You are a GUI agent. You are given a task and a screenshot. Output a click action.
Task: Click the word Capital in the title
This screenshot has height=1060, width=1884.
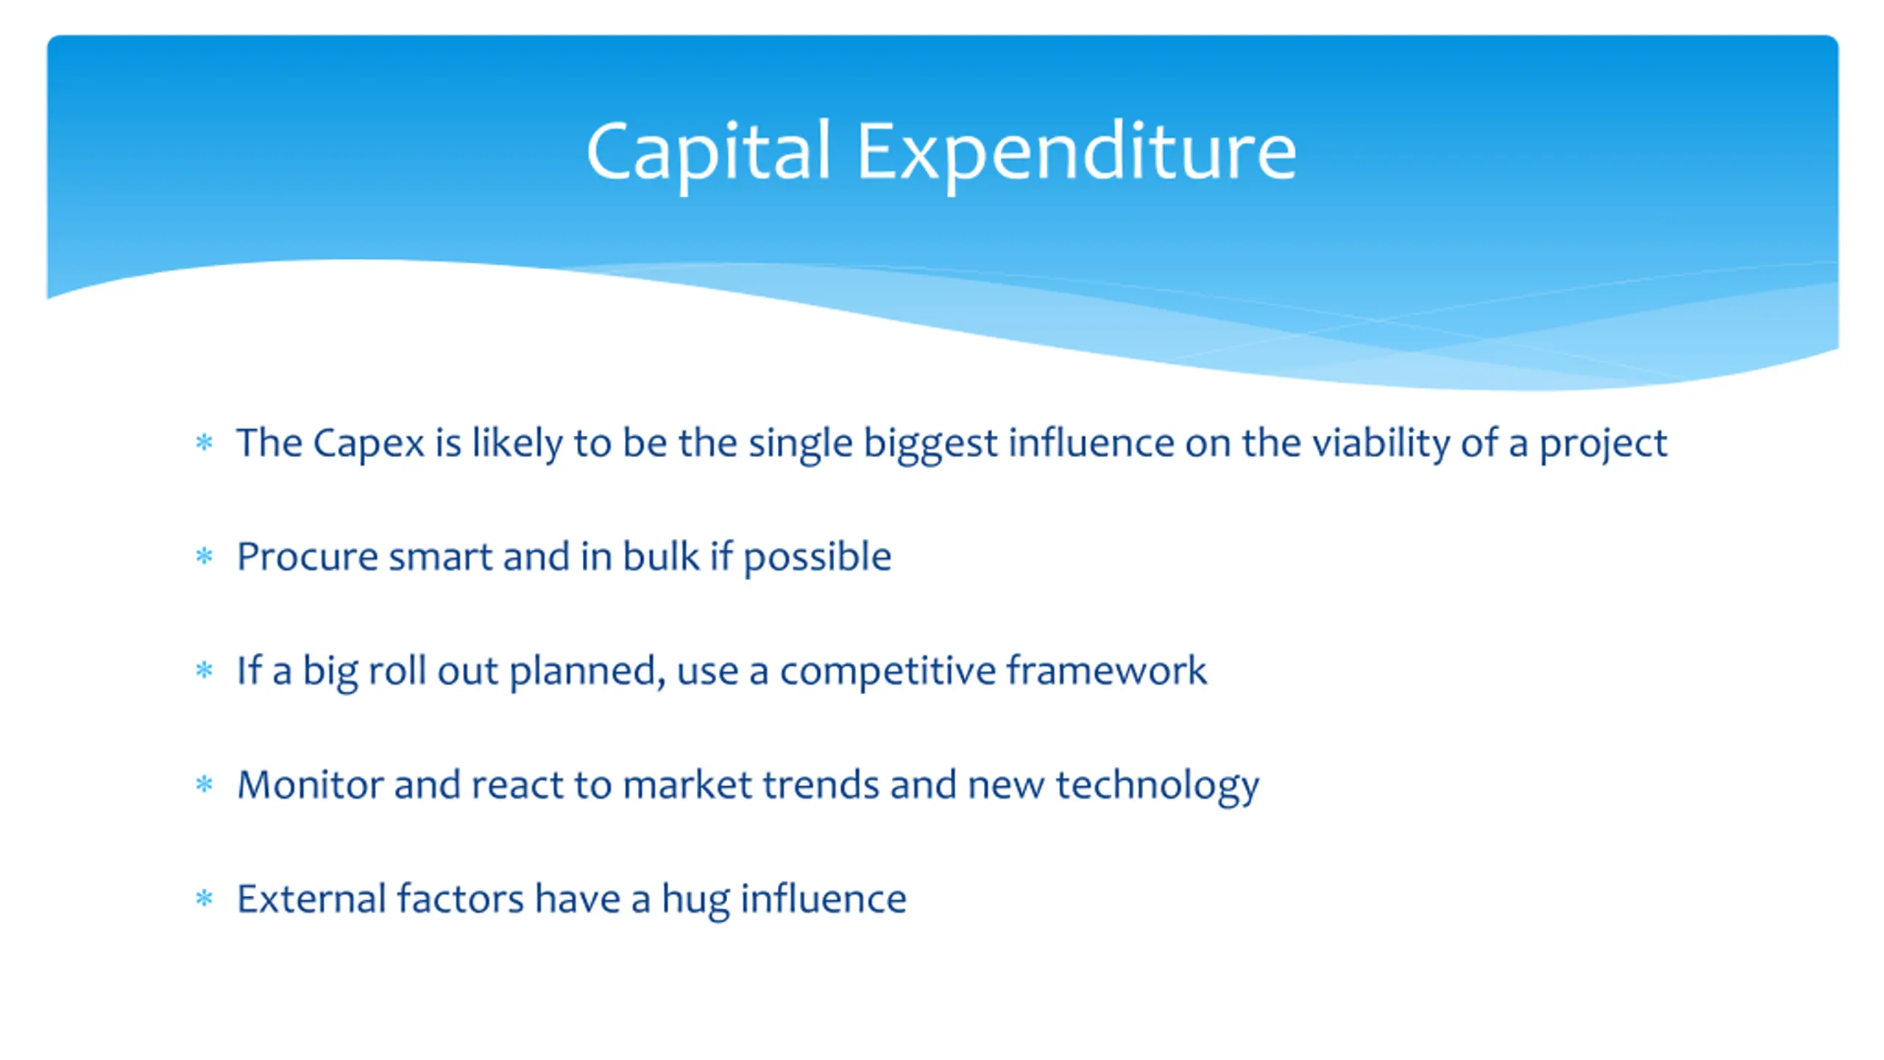coord(709,152)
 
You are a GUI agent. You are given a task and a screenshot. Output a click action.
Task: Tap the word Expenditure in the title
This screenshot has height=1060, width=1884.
coord(1076,152)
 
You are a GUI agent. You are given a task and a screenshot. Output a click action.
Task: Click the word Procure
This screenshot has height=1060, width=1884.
coord(308,556)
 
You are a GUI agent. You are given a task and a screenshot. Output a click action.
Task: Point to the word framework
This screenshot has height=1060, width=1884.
coord(1107,670)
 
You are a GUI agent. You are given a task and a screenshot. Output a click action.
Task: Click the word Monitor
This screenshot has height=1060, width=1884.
coord(310,785)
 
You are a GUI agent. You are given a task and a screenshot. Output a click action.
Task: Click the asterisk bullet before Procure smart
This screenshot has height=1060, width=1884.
coord(204,556)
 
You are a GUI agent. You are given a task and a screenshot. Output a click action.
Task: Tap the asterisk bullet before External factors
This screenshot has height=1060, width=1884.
coord(204,898)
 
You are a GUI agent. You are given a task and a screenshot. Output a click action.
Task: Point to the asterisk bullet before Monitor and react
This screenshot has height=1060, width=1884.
coord(204,784)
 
